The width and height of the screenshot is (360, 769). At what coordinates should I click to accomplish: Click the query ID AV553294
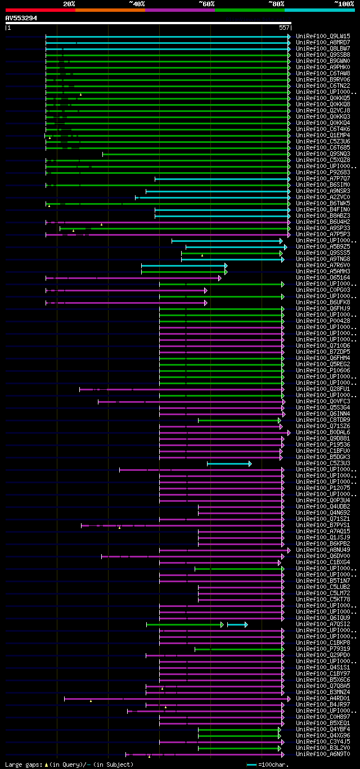point(21,18)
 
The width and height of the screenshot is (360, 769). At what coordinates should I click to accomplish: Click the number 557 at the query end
point(284,27)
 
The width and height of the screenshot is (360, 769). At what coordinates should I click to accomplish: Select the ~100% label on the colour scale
point(344,3)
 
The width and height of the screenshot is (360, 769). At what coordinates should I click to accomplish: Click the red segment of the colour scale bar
point(40,10)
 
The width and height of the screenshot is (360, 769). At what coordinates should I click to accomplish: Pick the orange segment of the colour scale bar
point(110,10)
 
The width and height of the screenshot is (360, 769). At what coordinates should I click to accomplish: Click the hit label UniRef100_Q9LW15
point(323,36)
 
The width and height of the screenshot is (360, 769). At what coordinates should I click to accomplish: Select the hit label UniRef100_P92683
point(323,172)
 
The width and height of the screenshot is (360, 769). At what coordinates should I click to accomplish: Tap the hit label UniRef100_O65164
point(323,277)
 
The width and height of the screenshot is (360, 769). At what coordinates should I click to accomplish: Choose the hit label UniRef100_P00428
point(323,321)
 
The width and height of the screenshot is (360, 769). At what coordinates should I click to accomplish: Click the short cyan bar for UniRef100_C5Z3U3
point(228,464)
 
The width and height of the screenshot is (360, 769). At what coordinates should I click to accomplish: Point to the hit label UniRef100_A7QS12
point(323,624)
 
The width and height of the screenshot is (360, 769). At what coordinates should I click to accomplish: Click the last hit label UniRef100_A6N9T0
point(323,754)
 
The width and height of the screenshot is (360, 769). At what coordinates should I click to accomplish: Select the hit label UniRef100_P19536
point(323,444)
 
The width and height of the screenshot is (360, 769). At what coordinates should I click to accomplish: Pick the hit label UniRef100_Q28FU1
point(323,389)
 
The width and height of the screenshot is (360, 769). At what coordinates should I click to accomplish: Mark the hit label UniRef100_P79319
point(323,649)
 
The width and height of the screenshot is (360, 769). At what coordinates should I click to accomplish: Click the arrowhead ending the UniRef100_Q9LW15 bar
point(289,36)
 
